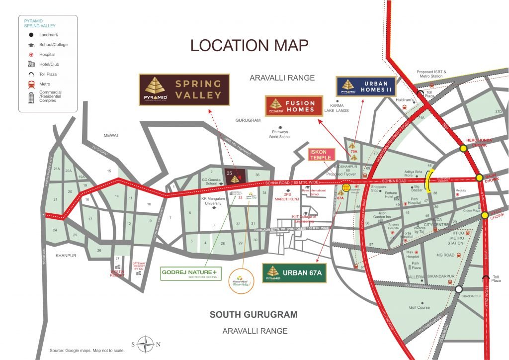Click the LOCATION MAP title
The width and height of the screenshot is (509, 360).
click(x=250, y=45)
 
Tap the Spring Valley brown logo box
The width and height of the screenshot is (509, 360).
click(x=184, y=90)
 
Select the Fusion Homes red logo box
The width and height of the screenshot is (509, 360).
click(x=294, y=105)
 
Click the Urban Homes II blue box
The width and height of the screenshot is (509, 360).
click(x=366, y=87)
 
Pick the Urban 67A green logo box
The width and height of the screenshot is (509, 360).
click(x=294, y=272)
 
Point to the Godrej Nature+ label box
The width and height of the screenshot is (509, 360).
click(x=189, y=273)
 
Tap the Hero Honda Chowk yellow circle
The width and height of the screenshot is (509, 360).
click(x=463, y=148)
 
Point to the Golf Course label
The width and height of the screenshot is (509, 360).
click(x=419, y=307)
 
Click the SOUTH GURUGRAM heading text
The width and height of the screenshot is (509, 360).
click(x=254, y=315)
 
